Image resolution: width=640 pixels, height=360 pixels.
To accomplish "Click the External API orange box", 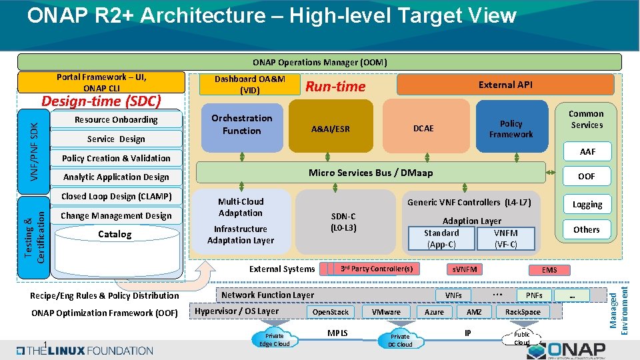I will (x=505, y=85).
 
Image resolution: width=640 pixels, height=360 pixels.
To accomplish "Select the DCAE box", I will (x=423, y=128).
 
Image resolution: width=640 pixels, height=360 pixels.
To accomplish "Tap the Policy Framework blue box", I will (x=511, y=128).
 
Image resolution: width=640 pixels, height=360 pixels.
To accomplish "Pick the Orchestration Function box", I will (x=241, y=125).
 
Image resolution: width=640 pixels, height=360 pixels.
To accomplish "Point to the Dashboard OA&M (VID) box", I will (x=249, y=84).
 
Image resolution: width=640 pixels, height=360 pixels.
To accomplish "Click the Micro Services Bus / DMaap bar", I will (x=370, y=173).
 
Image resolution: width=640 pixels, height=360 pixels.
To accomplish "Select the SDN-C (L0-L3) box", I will (x=344, y=221).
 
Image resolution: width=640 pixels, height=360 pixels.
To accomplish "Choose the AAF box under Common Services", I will (x=587, y=151).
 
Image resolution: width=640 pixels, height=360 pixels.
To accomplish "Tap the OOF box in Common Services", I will (x=587, y=176).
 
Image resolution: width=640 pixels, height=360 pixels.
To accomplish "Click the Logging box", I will (x=587, y=204).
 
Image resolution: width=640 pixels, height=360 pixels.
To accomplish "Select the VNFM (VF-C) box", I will (x=505, y=238).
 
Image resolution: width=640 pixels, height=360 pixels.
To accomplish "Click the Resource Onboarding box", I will (x=116, y=120).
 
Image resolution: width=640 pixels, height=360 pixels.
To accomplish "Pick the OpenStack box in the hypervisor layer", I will (x=331, y=311).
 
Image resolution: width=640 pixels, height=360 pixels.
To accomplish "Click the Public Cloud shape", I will (x=521, y=338).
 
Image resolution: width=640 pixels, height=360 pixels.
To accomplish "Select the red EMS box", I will (x=549, y=269).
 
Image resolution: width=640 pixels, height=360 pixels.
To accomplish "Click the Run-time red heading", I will (x=335, y=86).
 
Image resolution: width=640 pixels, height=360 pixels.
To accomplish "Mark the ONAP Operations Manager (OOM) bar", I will (x=319, y=62).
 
